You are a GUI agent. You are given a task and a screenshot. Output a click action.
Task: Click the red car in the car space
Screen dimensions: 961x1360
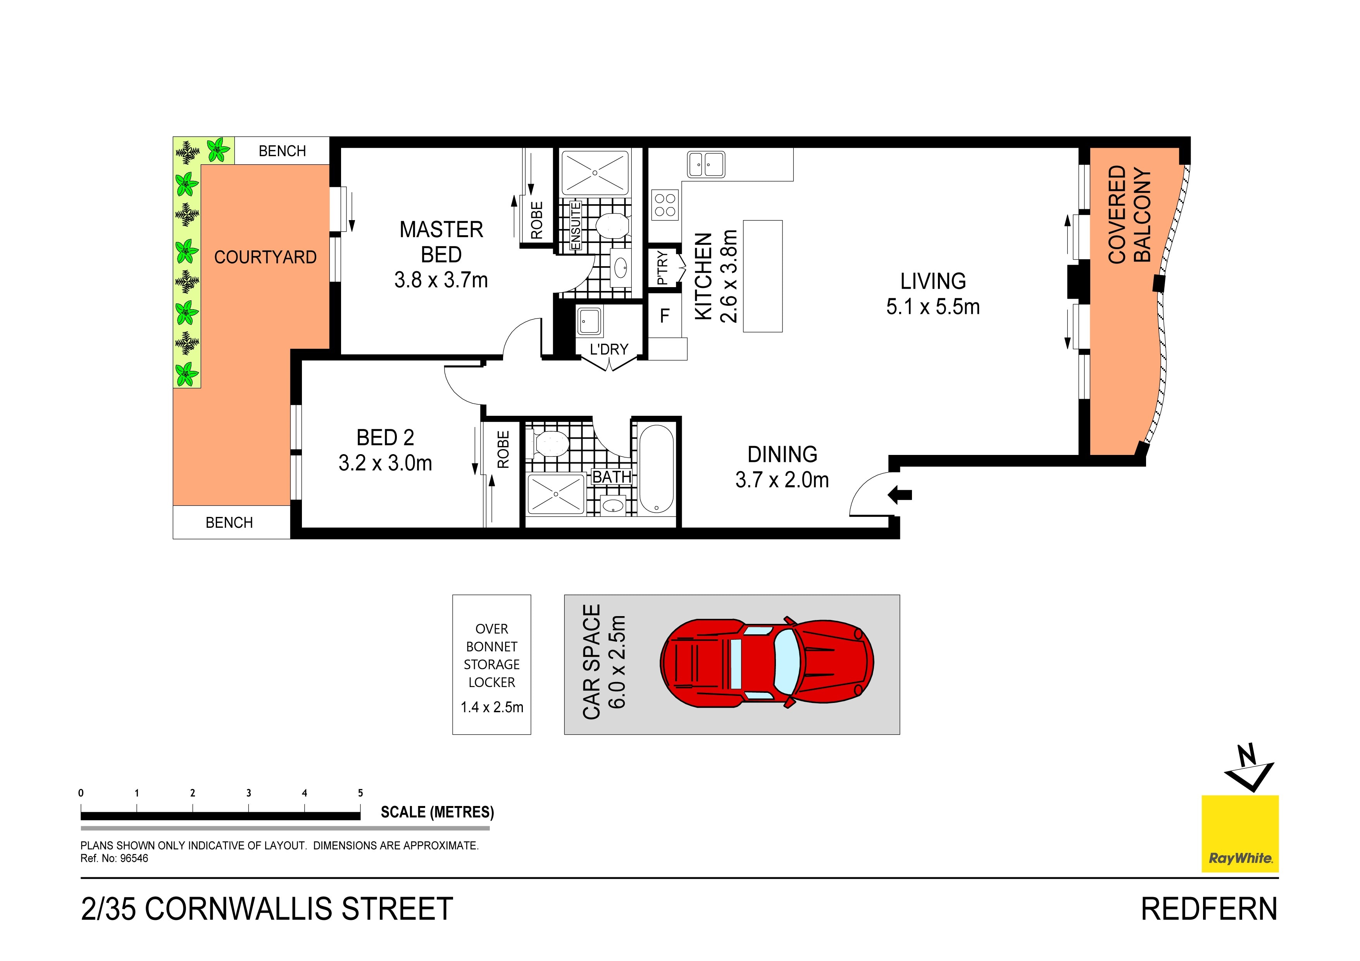(x=767, y=663)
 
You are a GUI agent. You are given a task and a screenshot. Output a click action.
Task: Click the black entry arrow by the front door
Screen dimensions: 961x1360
(x=900, y=494)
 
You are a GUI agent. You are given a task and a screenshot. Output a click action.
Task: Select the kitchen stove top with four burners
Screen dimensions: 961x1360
(x=665, y=205)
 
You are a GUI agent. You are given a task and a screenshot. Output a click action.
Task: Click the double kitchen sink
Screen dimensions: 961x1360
(x=705, y=164)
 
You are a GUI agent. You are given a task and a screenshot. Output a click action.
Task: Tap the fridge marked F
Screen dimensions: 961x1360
(x=665, y=316)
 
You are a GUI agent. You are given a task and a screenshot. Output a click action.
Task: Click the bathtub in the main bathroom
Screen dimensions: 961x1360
(x=656, y=469)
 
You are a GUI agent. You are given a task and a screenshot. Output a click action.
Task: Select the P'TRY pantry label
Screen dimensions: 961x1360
(x=663, y=268)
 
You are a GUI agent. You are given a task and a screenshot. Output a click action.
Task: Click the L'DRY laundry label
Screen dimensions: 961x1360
(x=609, y=350)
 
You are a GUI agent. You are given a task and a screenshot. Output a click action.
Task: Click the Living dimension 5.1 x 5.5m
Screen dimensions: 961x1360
(x=933, y=307)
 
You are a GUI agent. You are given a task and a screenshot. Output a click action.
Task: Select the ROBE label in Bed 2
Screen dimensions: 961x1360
(x=503, y=450)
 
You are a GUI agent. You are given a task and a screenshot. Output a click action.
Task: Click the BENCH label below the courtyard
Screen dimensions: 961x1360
(x=229, y=523)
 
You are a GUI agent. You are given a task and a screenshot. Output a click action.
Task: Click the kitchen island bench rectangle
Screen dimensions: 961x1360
(x=762, y=276)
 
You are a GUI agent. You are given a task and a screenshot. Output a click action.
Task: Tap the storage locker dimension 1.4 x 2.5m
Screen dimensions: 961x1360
(x=491, y=707)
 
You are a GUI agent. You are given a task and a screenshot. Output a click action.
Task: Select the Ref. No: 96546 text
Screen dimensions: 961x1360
(x=114, y=858)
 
